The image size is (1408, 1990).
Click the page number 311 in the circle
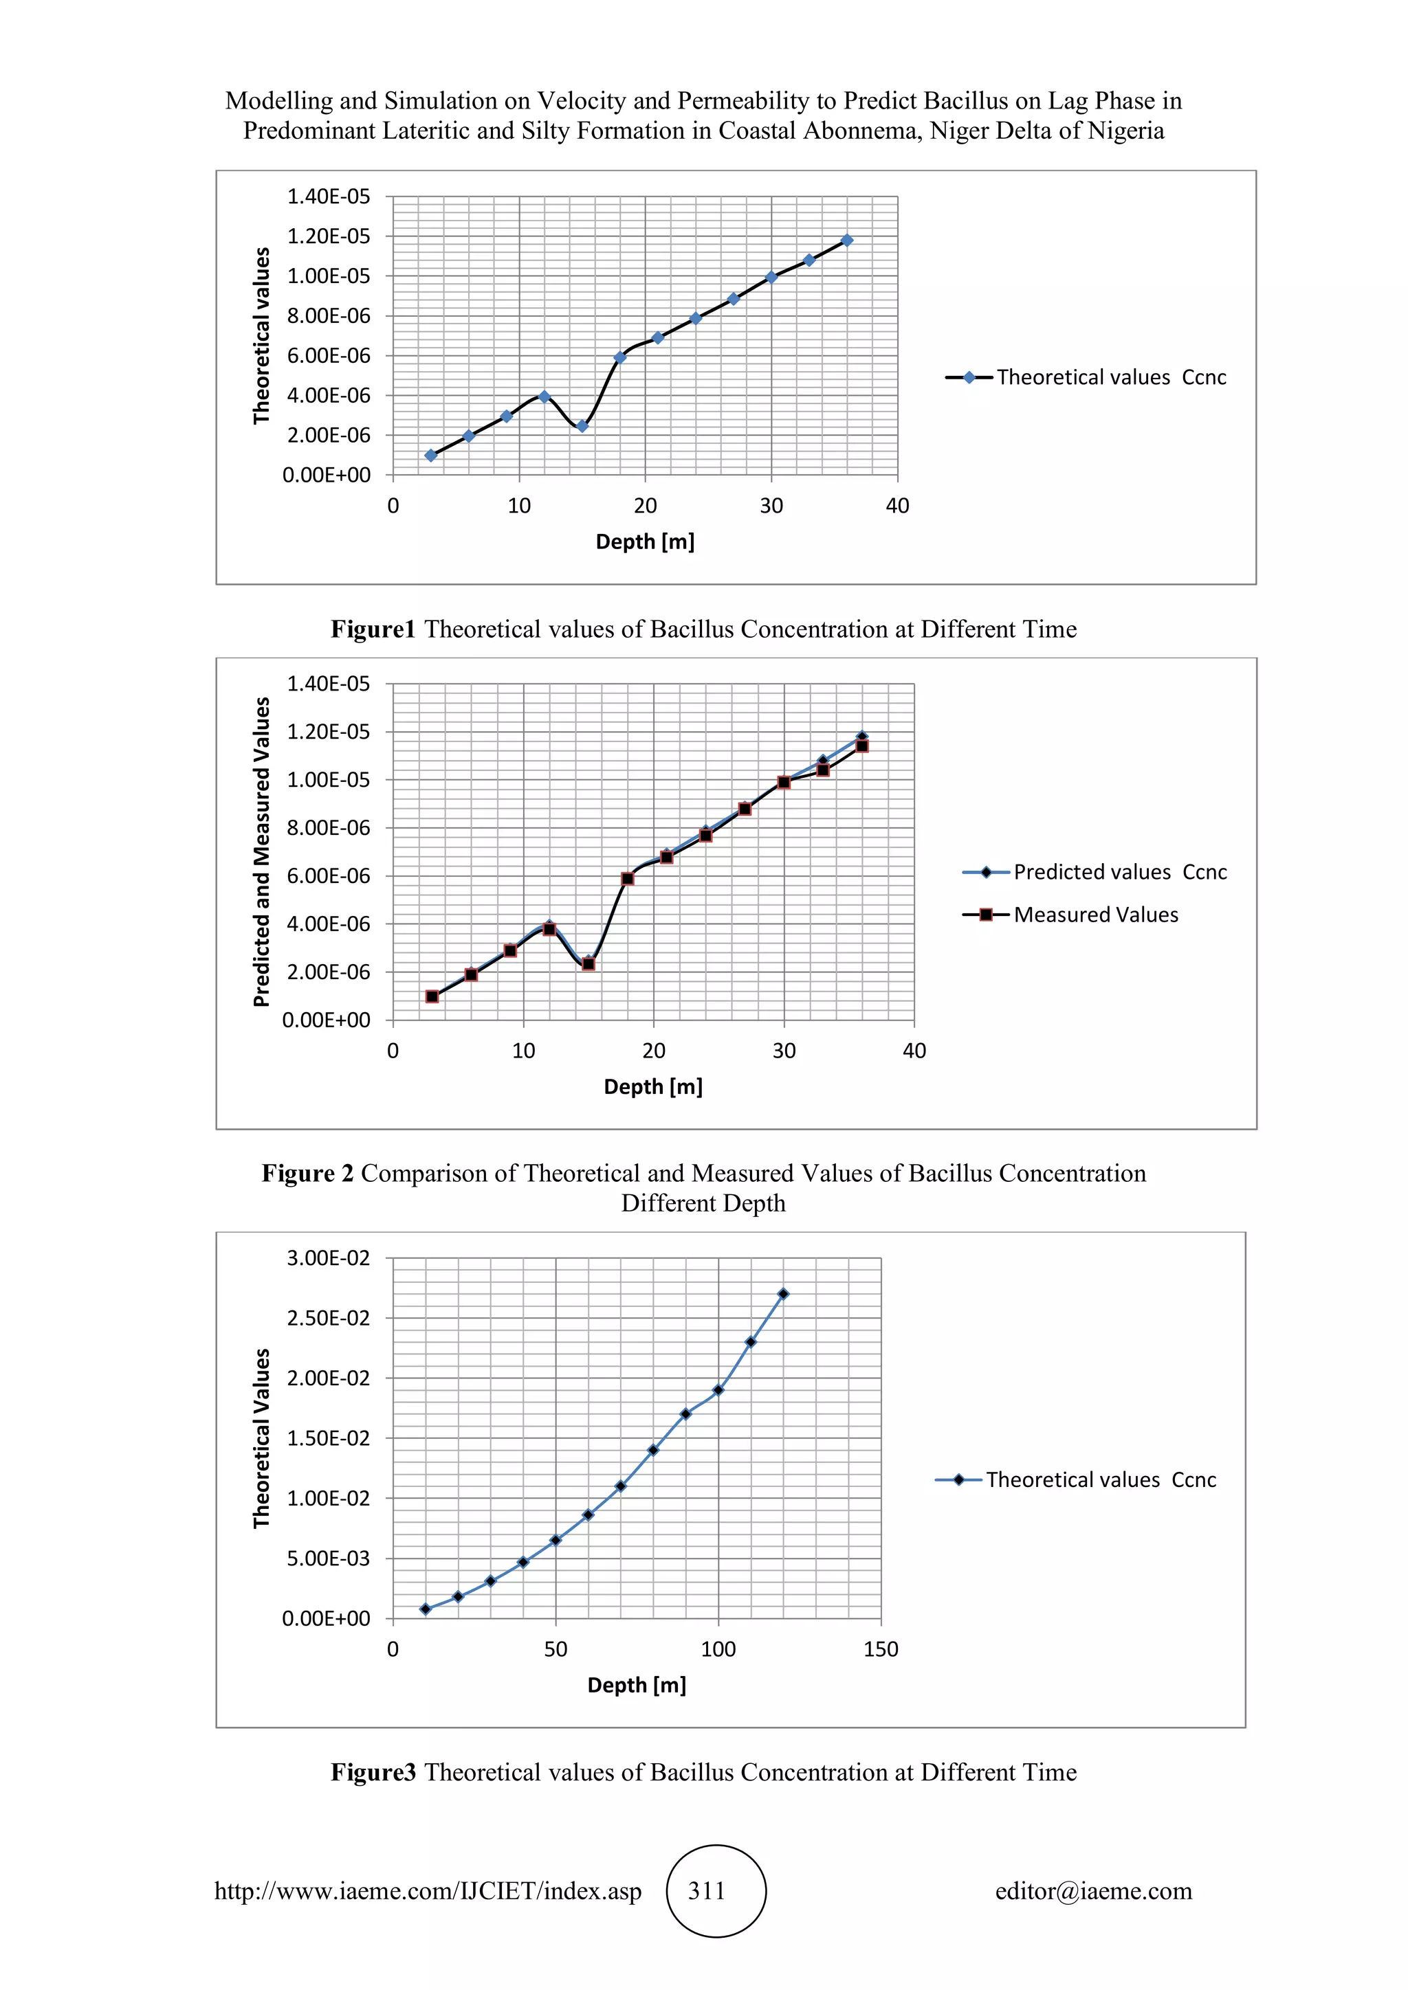[x=707, y=1891]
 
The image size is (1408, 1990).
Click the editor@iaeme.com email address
[x=1093, y=1891]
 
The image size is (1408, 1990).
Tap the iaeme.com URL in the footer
[x=428, y=1891]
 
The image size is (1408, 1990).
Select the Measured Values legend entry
[x=1096, y=915]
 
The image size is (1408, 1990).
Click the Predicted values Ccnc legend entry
[x=1119, y=872]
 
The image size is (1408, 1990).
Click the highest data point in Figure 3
[x=783, y=1294]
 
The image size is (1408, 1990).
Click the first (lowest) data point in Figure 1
[x=431, y=455]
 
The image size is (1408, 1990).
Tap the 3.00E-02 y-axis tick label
[x=328, y=1257]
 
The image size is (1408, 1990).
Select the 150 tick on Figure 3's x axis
[x=881, y=1649]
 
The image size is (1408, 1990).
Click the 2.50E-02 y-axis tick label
[x=328, y=1318]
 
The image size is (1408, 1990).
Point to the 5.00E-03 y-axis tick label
[x=328, y=1558]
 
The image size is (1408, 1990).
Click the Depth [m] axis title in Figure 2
[x=653, y=1086]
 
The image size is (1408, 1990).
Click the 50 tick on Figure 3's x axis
[x=555, y=1649]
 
